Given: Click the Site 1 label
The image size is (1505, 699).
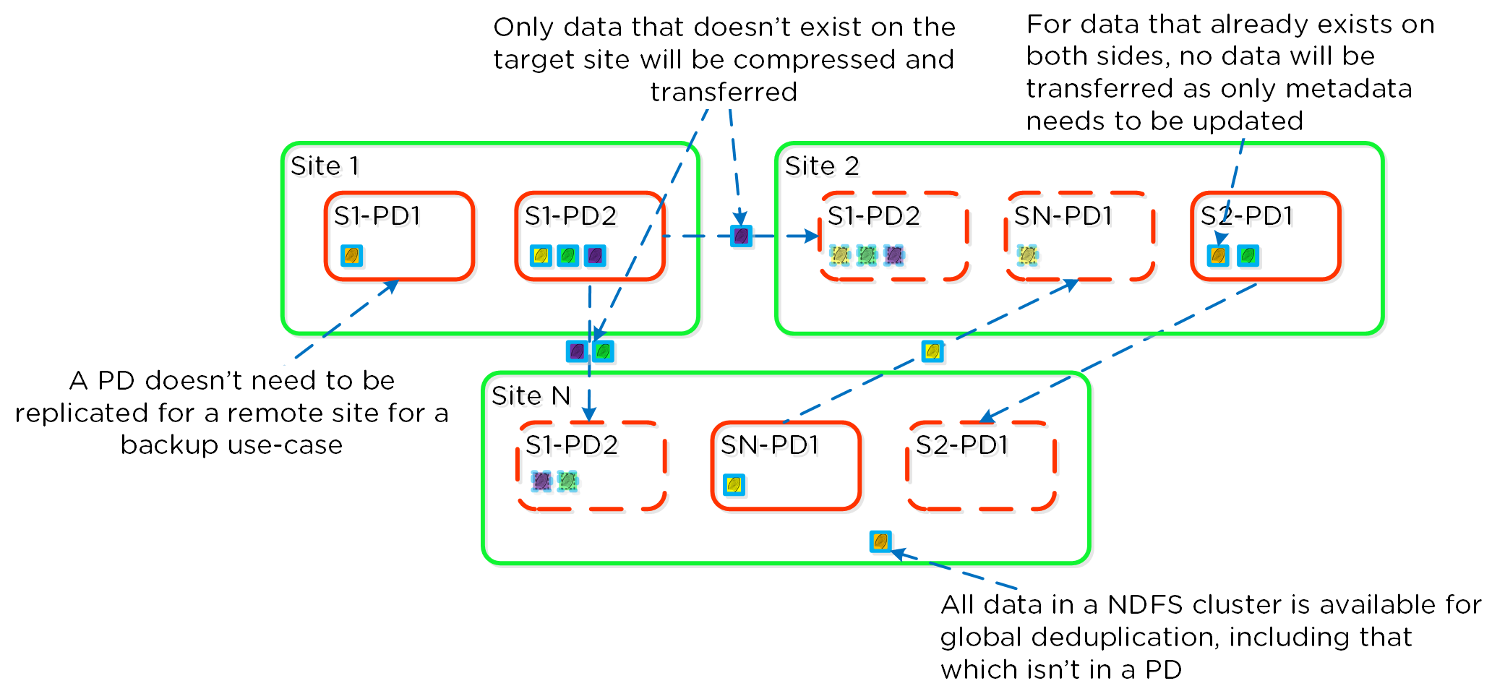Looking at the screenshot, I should pos(325,166).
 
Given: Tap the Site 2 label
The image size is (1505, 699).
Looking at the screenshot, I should pos(822,166).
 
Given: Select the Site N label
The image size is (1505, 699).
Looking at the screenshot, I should pos(531,396).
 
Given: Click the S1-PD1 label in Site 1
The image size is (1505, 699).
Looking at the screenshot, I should pos(377,216).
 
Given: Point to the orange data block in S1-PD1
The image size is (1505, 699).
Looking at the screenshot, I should pos(351,256).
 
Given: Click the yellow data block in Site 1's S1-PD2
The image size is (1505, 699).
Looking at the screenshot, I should pos(541,256).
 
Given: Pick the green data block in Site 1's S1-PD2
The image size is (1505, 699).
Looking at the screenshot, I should pos(568,256).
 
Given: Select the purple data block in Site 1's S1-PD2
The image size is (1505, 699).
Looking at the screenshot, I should pos(595,256).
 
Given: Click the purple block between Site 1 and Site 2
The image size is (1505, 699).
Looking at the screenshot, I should pos(741,236).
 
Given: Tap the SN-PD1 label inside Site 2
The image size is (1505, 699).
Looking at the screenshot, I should pos(1063,216).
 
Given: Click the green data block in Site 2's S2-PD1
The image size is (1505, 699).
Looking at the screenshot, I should pos(1248,256).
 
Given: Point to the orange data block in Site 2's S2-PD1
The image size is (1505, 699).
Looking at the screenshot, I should pos(1218,256).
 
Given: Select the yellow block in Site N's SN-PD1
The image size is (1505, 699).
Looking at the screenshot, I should pos(734,484).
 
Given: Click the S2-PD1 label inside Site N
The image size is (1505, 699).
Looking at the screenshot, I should pos(961,445).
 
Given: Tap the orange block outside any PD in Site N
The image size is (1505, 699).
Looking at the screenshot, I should pos(880,541).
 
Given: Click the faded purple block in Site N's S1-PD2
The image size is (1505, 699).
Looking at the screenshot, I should pos(541,481).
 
